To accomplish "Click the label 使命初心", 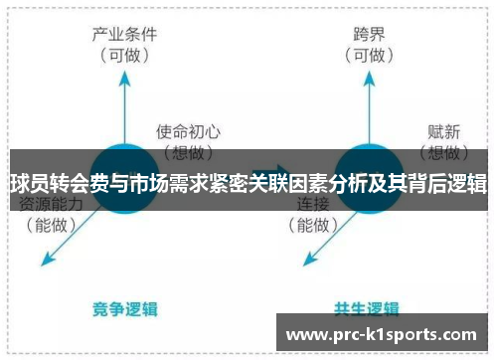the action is click(188, 130).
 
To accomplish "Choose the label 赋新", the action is click(443, 130).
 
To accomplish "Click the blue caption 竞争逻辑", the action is click(125, 308).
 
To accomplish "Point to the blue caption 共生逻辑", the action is click(369, 308).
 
